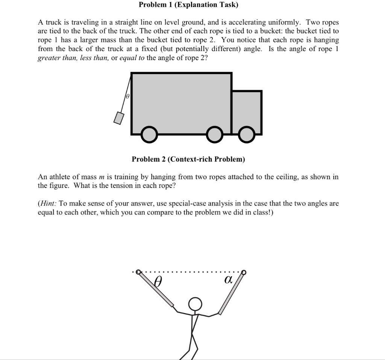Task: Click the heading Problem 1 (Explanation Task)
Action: click(188, 5)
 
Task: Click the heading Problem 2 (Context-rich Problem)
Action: click(188, 159)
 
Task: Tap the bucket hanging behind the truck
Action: click(119, 118)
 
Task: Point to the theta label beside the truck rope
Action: click(127, 97)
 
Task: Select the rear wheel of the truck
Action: click(149, 135)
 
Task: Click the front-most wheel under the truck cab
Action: click(246, 135)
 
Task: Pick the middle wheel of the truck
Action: click(215, 135)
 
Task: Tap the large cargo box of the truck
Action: click(181, 101)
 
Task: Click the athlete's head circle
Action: click(195, 304)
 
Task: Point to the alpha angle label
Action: click(228, 280)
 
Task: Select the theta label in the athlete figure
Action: click(158, 281)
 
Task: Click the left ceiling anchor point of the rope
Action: click(138, 272)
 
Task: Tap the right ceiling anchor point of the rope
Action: click(244, 272)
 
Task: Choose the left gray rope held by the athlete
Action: click(156, 289)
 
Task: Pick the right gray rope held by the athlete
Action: click(231, 293)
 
